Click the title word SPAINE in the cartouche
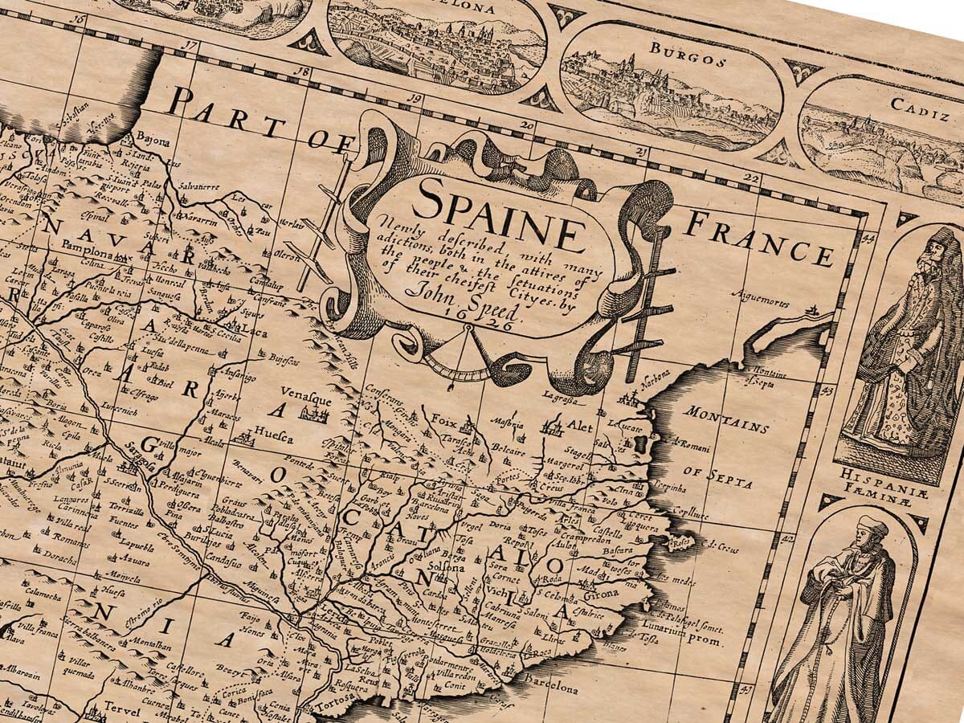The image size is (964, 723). tap(502, 211)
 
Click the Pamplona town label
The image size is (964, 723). tap(90, 248)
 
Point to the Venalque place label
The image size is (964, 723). tap(301, 393)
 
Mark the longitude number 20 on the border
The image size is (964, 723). tap(527, 125)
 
